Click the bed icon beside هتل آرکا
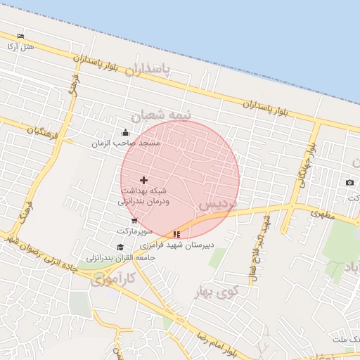(20, 36)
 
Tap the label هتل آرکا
(20, 46)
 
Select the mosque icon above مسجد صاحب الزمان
(125, 132)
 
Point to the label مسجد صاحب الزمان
(126, 143)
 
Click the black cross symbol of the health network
(144, 181)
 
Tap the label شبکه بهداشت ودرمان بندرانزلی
(144, 196)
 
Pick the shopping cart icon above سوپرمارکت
(134, 221)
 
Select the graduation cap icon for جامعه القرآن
(120, 247)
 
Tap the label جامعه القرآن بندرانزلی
(120, 258)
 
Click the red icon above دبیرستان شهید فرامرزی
(176, 234)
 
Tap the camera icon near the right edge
(349, 183)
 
